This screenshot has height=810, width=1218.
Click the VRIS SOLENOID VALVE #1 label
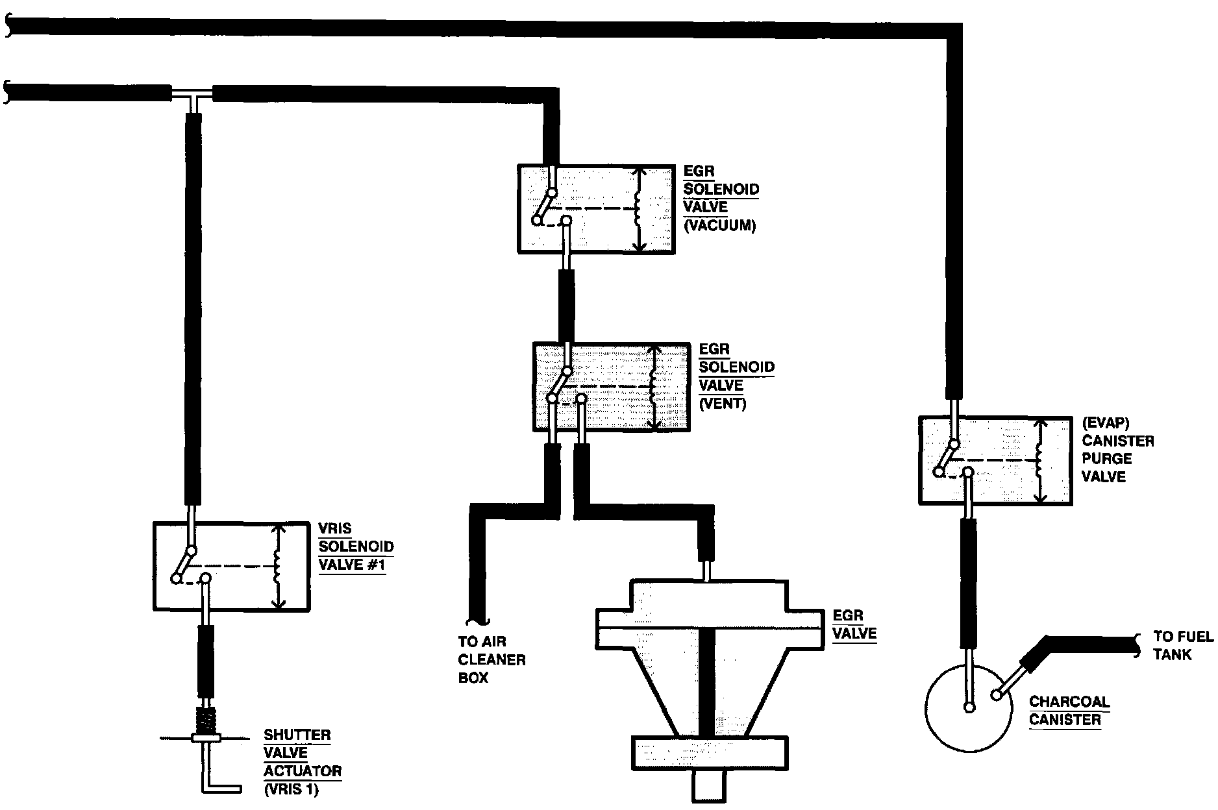tap(356, 547)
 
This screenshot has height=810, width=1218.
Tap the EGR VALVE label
tap(854, 624)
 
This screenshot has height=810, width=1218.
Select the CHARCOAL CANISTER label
tap(1069, 711)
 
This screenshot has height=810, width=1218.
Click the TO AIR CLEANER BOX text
tap(491, 659)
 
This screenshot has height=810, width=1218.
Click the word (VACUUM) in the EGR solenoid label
tap(720, 226)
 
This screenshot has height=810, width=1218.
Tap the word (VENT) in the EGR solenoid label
tap(723, 403)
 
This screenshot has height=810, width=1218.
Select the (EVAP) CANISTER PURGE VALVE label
tap(1117, 450)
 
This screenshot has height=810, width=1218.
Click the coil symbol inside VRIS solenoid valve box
tap(277, 567)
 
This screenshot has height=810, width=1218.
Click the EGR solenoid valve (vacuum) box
tap(595, 208)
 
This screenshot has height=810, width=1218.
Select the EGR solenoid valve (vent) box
tap(611, 386)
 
